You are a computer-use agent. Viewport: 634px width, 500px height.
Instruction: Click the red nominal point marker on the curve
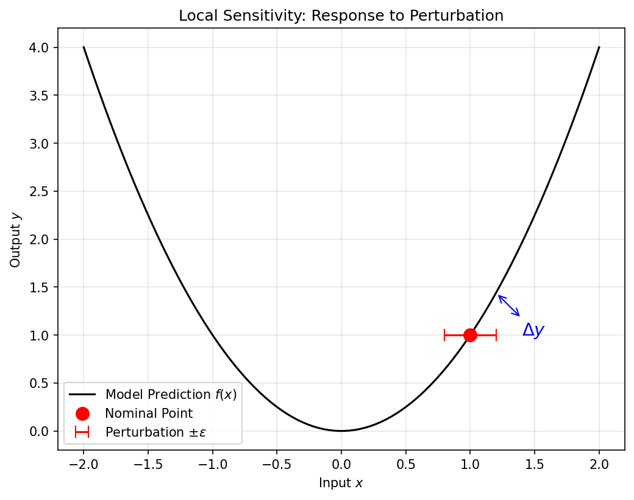coord(470,335)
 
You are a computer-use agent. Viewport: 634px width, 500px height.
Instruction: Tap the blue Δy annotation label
coord(533,331)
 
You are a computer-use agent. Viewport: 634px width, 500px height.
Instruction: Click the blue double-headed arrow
coord(509,306)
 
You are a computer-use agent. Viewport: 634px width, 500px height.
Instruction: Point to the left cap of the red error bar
coord(444,335)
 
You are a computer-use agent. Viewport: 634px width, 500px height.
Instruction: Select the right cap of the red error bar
coord(496,335)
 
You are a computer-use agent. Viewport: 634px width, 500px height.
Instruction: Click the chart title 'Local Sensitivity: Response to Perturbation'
coord(341,16)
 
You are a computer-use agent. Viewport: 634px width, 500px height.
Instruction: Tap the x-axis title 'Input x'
coord(341,483)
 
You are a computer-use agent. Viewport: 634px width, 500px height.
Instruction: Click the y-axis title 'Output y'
coord(15,239)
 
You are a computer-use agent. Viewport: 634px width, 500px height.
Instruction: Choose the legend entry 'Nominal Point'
coord(149,414)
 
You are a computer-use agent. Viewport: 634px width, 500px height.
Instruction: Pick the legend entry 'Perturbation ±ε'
coord(152,432)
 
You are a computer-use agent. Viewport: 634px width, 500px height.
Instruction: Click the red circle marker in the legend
coord(82,414)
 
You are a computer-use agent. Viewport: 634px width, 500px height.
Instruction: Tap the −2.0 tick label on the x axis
coord(84,465)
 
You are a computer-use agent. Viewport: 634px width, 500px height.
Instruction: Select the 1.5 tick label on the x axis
coord(535,465)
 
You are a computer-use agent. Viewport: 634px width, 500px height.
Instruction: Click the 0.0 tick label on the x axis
coord(341,465)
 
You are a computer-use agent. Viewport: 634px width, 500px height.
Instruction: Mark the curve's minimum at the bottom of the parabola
coord(341,431)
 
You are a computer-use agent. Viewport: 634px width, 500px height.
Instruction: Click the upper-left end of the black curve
coord(84,48)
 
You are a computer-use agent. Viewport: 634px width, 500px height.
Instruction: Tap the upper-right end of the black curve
coord(599,48)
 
